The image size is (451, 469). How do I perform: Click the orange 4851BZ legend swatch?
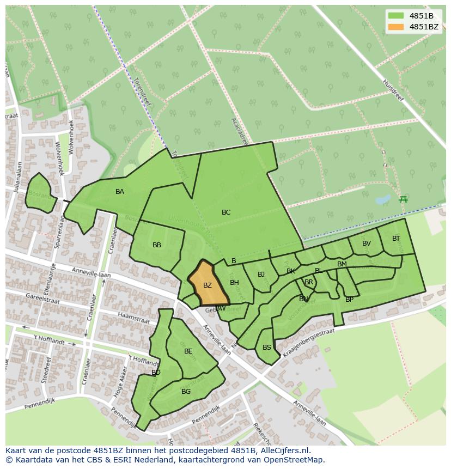396,27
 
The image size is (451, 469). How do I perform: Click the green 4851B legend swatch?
396,16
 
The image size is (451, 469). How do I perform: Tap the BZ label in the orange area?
208,285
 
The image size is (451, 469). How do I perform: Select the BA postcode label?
120,192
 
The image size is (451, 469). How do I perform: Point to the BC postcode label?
226,212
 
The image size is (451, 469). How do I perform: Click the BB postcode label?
157,245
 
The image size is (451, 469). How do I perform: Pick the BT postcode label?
396,239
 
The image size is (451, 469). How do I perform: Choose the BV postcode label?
367,243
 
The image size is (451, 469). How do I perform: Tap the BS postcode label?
267,348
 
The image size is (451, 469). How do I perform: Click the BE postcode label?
188,351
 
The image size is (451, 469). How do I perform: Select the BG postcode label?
186,392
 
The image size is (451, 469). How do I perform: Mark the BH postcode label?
234,283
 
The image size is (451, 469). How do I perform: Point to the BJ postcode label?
261,275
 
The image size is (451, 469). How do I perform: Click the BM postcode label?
342,264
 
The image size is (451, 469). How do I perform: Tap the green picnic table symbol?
403,199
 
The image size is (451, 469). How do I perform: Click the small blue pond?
382,200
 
